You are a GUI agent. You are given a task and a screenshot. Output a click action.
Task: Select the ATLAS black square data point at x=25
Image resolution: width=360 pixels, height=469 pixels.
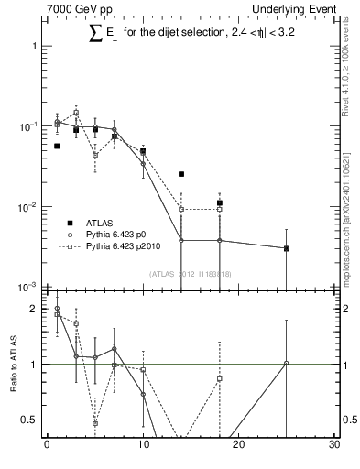(287, 248)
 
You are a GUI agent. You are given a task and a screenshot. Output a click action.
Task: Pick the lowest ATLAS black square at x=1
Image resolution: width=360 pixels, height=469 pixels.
(57, 146)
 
